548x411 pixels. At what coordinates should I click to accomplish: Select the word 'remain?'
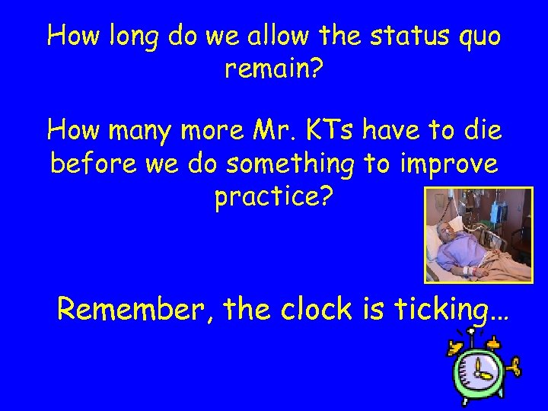coord(274,71)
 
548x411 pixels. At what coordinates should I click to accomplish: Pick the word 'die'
coord(479,131)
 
